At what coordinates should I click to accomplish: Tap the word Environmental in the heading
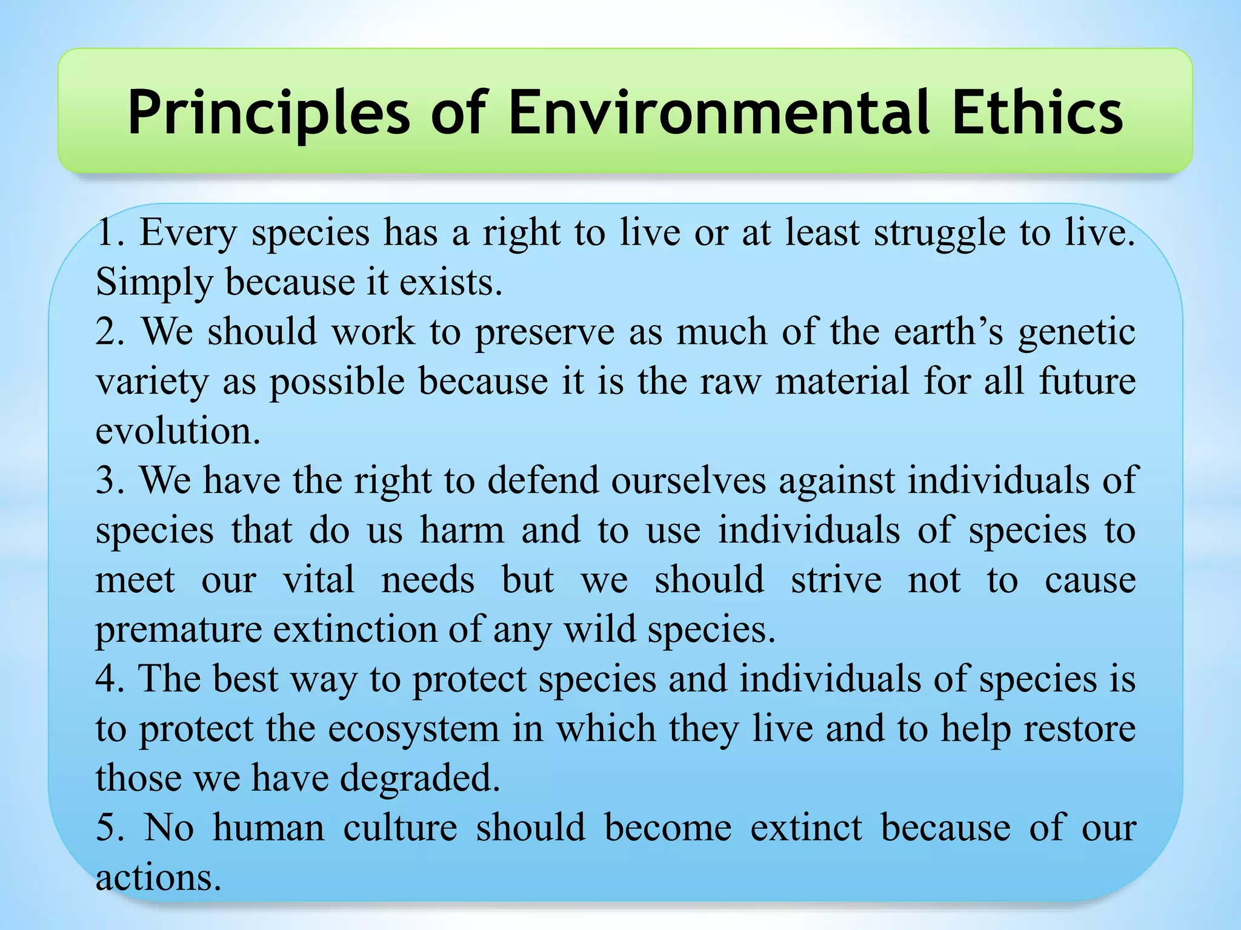tap(719, 112)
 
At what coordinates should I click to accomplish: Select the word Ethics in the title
tap(1037, 112)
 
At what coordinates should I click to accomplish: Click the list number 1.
tap(108, 232)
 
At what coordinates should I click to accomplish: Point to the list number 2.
tap(108, 332)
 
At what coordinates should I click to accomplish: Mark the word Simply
tap(155, 283)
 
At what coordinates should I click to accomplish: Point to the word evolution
tap(178, 431)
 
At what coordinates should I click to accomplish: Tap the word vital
tap(319, 579)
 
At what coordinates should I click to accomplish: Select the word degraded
tap(419, 779)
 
